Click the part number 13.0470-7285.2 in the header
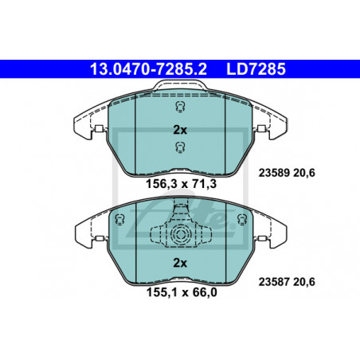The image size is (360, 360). pos(148,69)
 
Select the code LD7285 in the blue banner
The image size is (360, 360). pos(256,69)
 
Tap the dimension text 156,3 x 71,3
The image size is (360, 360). pos(182,184)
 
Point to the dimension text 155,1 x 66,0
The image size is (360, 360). pos(182,292)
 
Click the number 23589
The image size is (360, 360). pos(274,173)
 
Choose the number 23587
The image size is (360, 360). pos(274,282)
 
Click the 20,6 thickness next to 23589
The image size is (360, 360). pos(304,173)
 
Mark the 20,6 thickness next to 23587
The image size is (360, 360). pos(304,282)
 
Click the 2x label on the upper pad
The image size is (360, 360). pos(180,130)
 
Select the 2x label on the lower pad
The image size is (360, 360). pos(180,263)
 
